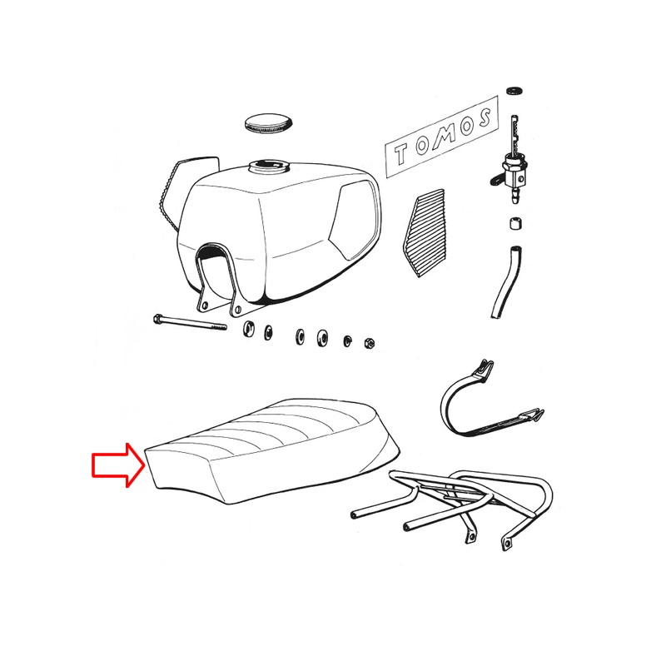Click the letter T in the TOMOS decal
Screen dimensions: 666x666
405,152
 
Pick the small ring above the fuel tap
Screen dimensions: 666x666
513,87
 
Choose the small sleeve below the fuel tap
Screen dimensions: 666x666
514,223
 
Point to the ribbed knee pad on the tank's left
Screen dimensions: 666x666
171,191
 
